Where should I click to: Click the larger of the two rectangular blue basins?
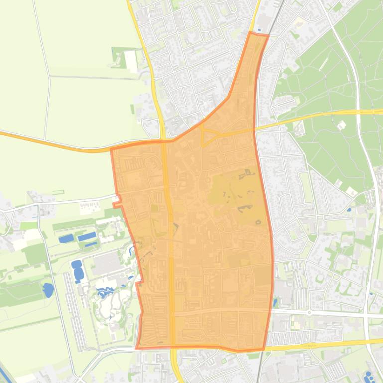coord(87,237)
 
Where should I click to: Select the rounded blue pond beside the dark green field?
coord(48,289)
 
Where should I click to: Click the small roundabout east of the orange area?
coord(309,313)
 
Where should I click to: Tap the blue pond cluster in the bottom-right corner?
coord(369,376)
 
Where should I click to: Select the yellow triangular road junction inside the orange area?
coord(208,135)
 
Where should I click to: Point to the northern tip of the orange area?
coord(251,33)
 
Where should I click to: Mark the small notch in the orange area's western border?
coord(117,203)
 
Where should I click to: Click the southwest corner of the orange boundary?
coord(136,348)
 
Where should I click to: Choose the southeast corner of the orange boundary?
coord(263,349)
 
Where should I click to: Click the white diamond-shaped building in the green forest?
coord(341,126)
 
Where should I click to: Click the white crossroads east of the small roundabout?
coord(367,316)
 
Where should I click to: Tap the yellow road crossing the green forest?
coord(319,115)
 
